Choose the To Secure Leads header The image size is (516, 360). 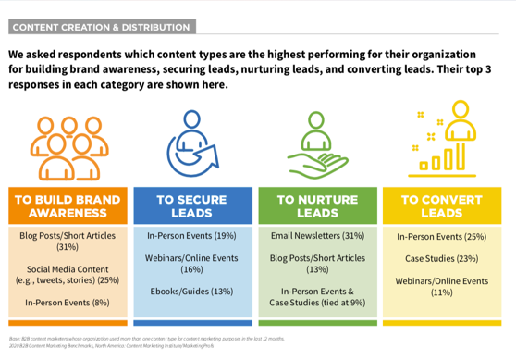pyautogui.click(x=191, y=205)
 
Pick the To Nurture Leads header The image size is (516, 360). pyautogui.click(x=318, y=205)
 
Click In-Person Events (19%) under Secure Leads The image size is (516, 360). pyautogui.click(x=191, y=236)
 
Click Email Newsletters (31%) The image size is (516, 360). pyautogui.click(x=318, y=236)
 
